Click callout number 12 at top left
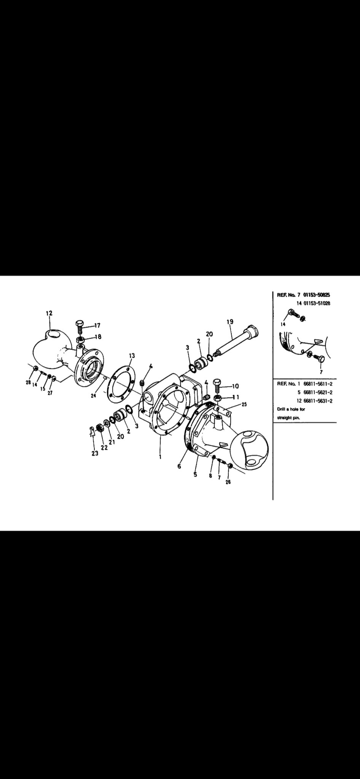pos(49,313)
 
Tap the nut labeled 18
pos(80,340)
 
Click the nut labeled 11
pos(218,397)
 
